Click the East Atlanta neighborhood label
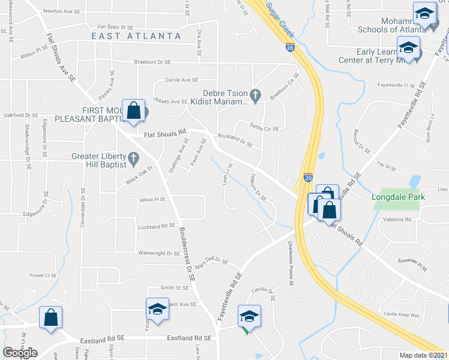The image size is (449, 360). pos(136,36)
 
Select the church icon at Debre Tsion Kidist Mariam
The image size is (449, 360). pos(255,94)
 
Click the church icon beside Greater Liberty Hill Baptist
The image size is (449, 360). pos(134,160)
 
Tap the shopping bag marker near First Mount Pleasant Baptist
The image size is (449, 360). pos(133,111)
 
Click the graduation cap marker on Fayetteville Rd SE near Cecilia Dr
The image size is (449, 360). pos(249,316)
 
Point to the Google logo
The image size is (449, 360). pos(20,353)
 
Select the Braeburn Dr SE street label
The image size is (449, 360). pos(154,61)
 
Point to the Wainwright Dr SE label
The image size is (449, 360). pos(158,253)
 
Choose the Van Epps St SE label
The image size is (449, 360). pos(115,27)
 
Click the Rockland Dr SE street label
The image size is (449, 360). pos(235,140)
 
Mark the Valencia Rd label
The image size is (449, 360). pos(399,220)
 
